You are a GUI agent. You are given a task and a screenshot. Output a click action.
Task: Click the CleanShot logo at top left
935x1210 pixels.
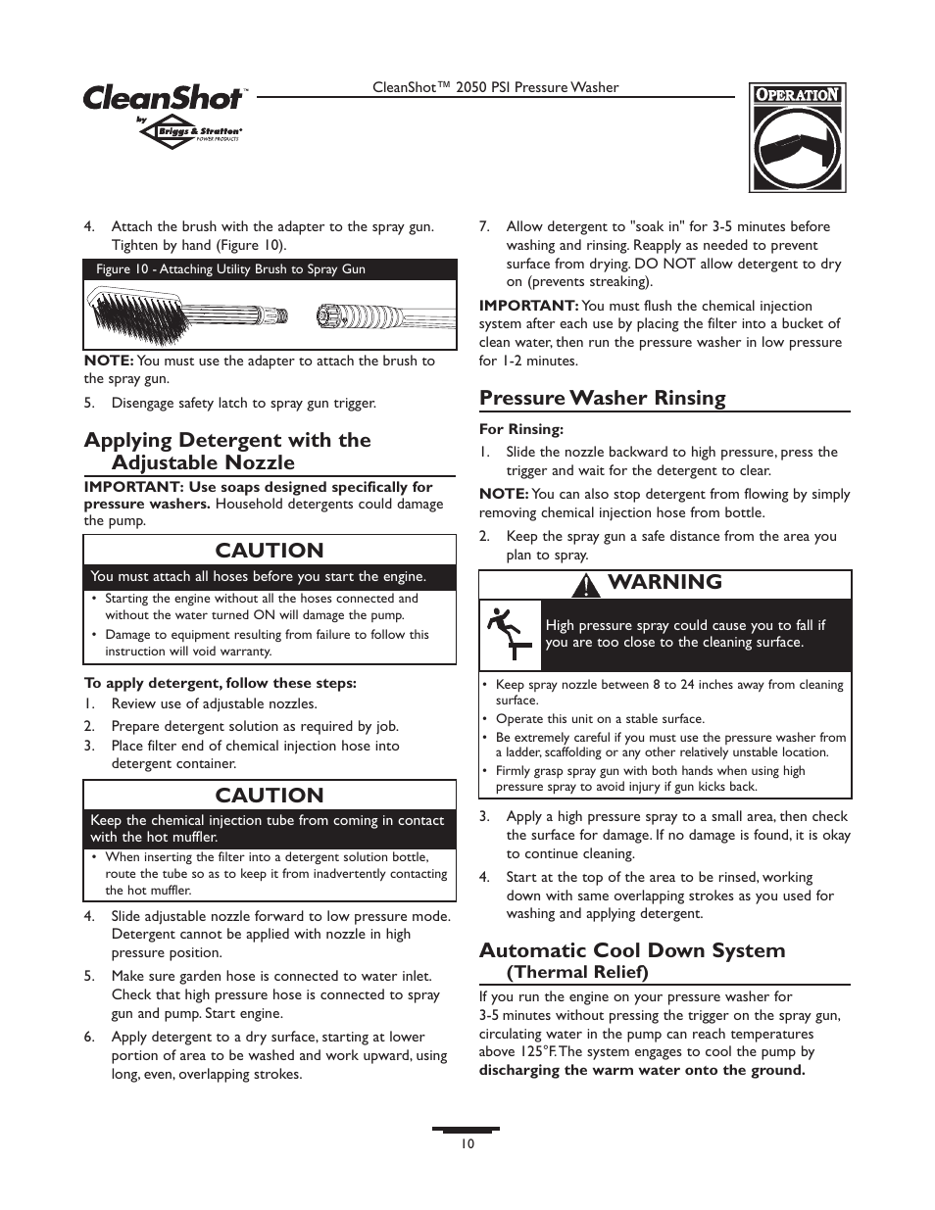click(163, 98)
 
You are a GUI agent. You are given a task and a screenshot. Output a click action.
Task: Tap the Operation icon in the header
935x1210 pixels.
click(797, 137)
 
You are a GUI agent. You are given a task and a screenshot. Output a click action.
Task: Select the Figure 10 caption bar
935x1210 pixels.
click(270, 269)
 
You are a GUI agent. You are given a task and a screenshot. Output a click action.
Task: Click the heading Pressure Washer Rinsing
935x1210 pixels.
click(602, 398)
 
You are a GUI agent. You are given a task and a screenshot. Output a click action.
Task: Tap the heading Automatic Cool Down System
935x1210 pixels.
click(631, 950)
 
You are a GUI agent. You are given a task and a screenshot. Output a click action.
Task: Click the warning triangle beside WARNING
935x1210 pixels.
click(586, 585)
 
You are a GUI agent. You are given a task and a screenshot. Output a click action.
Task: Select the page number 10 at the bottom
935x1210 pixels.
click(467, 1144)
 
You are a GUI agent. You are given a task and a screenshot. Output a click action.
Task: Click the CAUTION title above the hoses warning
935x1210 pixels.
click(270, 551)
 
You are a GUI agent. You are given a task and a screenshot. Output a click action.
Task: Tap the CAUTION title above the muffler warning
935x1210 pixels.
click(270, 795)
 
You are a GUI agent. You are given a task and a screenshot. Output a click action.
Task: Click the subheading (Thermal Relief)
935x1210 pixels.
click(576, 972)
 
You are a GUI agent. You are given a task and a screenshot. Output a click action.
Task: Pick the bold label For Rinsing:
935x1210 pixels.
click(520, 429)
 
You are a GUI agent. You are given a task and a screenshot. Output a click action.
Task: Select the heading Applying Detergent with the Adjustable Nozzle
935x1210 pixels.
click(227, 451)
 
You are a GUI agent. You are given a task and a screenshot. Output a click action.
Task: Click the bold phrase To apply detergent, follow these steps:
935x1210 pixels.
click(220, 683)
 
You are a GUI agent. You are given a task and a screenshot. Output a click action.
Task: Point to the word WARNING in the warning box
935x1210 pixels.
click(664, 582)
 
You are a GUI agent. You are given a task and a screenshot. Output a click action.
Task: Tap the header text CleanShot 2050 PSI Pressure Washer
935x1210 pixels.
click(495, 87)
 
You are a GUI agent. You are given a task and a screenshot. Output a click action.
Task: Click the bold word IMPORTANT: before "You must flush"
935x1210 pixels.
click(527, 306)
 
